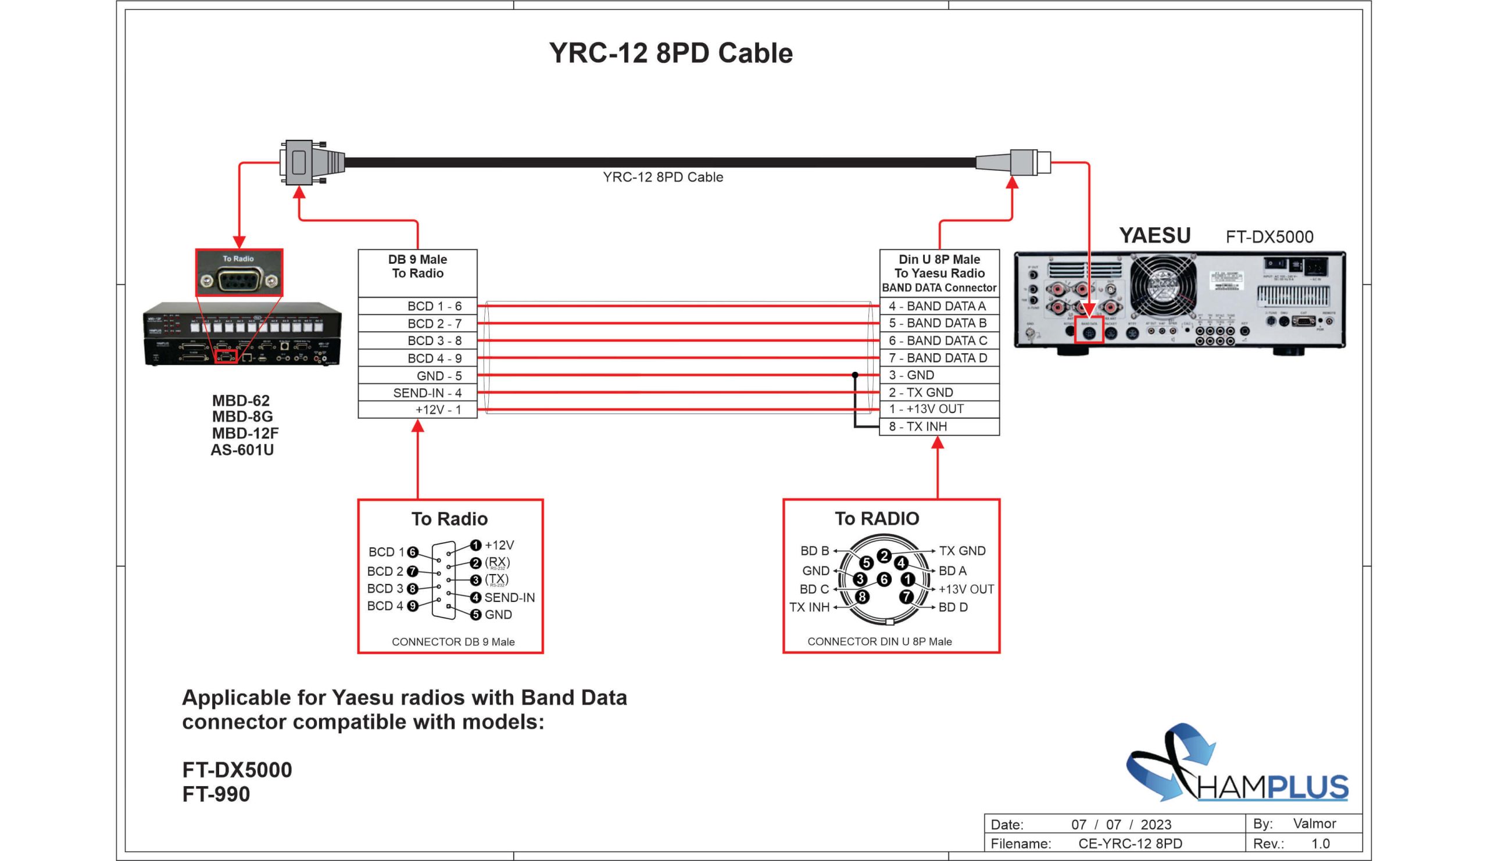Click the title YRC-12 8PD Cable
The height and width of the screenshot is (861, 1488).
pyautogui.click(x=670, y=53)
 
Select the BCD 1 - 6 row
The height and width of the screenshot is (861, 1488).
pyautogui.click(x=417, y=306)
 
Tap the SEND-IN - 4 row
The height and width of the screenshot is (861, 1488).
pyautogui.click(x=417, y=393)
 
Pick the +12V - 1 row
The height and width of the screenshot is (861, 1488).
pyautogui.click(x=417, y=410)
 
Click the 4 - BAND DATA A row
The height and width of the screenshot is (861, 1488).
pyautogui.click(x=939, y=306)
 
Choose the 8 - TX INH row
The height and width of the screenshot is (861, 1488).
pyautogui.click(x=939, y=426)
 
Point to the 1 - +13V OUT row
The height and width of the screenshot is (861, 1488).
pyautogui.click(x=939, y=409)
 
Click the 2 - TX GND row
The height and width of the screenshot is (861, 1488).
pyautogui.click(x=939, y=392)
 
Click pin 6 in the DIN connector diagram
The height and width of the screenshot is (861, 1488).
pyautogui.click(x=884, y=579)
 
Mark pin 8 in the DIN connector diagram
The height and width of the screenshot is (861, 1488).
pyautogui.click(x=862, y=597)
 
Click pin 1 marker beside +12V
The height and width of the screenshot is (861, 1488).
pyautogui.click(x=476, y=546)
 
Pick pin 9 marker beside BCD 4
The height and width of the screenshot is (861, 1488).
pyautogui.click(x=413, y=606)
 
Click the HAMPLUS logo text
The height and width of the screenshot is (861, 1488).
pyautogui.click(x=1272, y=787)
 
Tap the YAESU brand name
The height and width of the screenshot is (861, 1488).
pyautogui.click(x=1154, y=235)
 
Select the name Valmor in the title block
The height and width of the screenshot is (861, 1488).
pyautogui.click(x=1314, y=823)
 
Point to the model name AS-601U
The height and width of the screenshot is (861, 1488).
pyautogui.click(x=242, y=450)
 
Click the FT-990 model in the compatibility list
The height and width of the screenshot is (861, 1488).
pyautogui.click(x=216, y=794)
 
